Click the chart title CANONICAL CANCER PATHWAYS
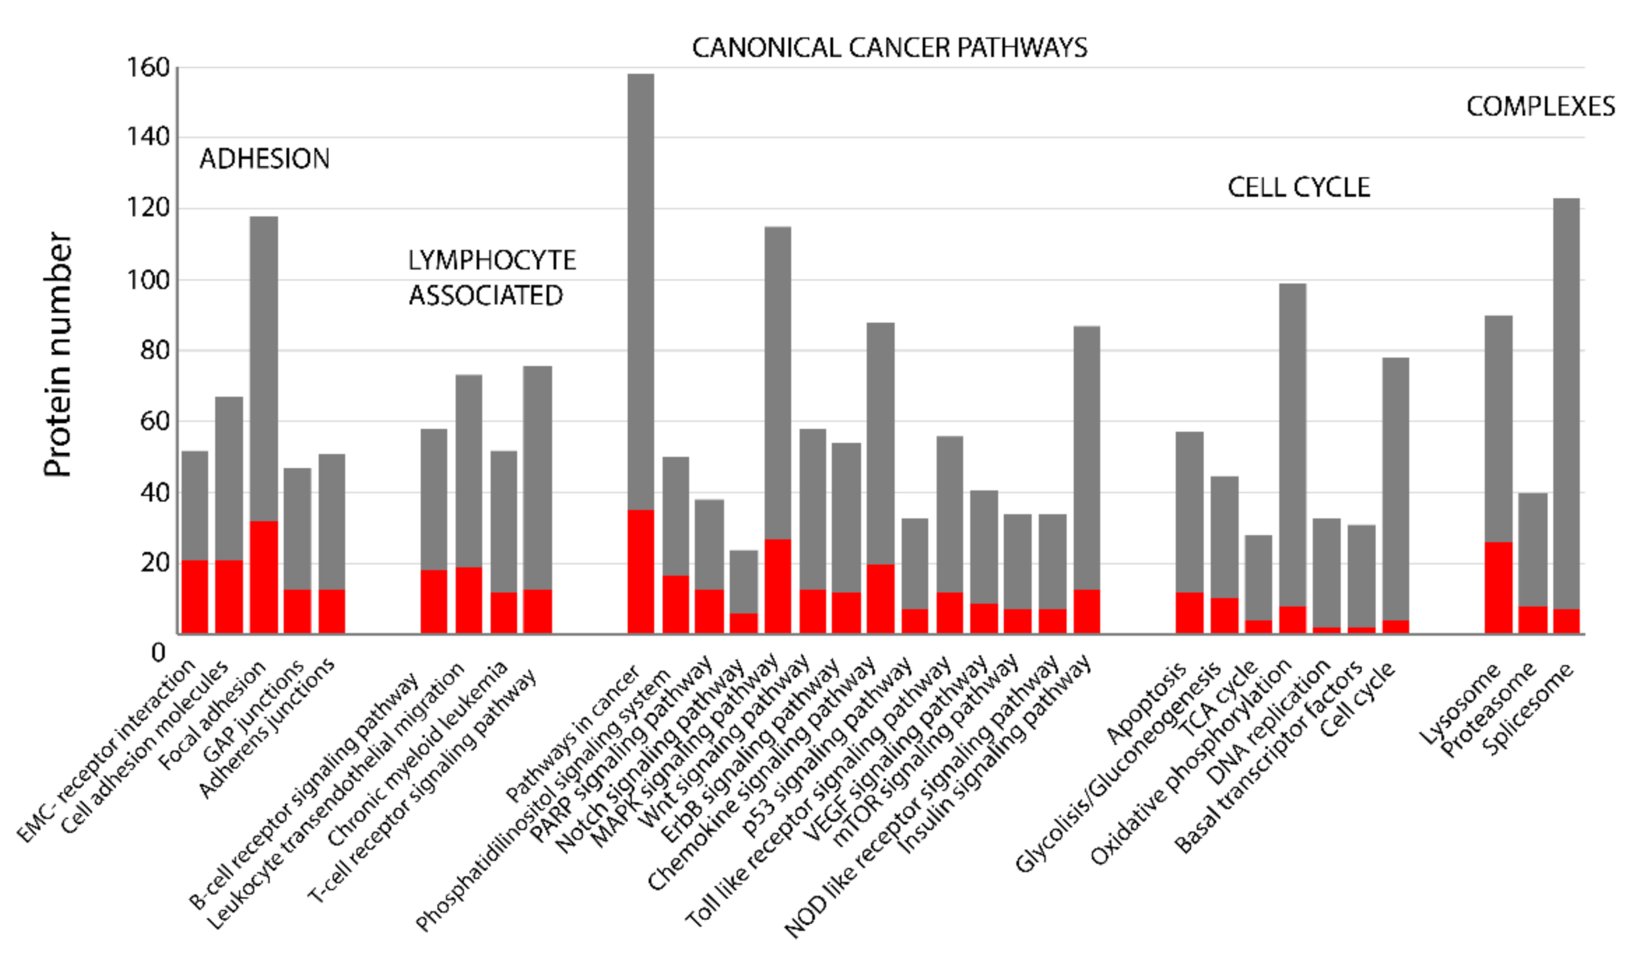889,48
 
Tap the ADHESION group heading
264,159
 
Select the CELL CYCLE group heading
1298,188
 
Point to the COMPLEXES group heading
1540,107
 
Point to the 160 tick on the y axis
148,67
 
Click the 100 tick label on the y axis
148,280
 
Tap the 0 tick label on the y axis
159,653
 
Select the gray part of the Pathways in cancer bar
641,289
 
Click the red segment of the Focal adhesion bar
264,577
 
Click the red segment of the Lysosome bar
1498,588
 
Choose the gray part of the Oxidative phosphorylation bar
1292,441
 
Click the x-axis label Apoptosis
1148,702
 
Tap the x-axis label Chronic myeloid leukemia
418,753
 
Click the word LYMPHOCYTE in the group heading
491,261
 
